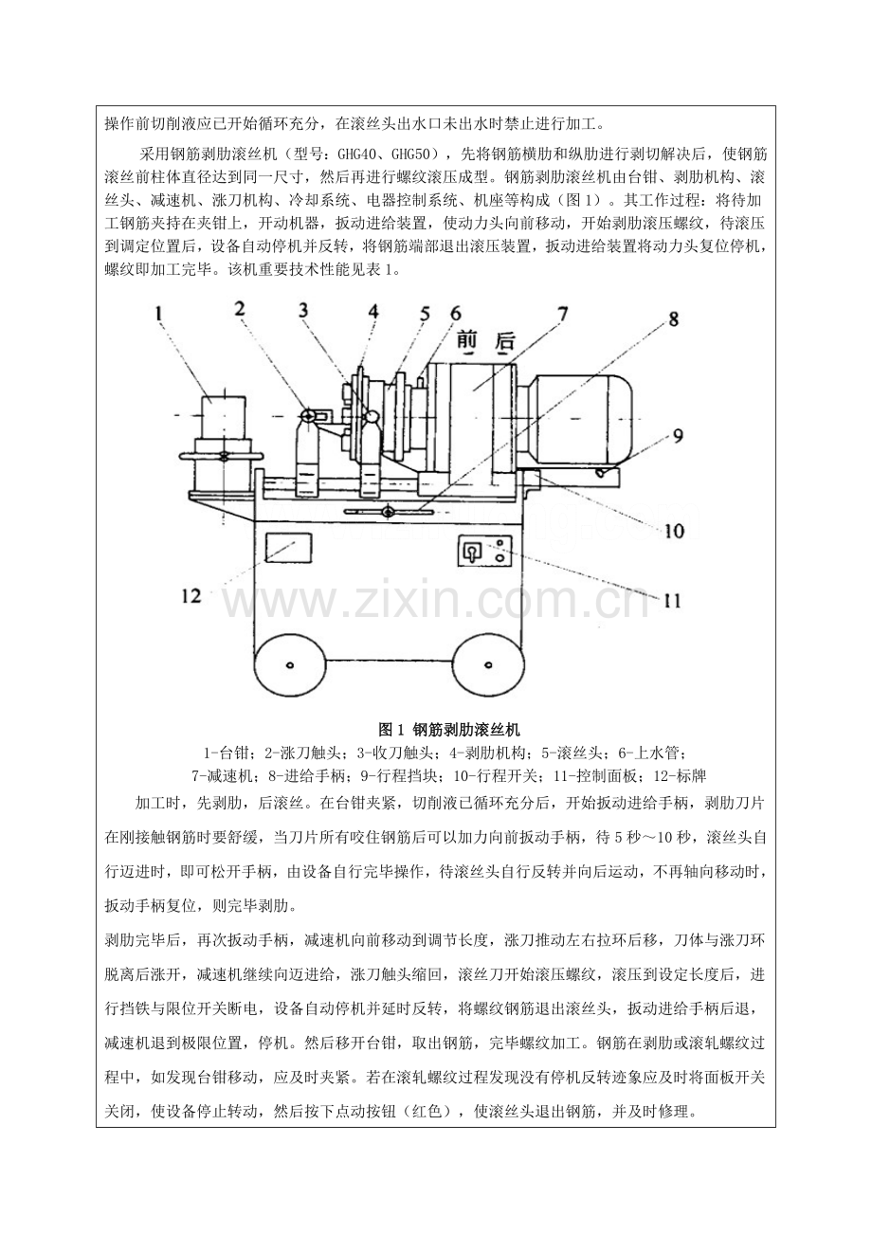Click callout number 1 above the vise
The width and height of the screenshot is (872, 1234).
[158, 315]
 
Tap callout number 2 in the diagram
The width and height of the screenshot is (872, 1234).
[240, 309]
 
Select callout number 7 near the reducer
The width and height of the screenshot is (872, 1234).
[562, 314]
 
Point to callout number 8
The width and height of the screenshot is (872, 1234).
[673, 319]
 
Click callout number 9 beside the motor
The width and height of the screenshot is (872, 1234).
[678, 436]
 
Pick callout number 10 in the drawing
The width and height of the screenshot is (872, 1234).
[674, 531]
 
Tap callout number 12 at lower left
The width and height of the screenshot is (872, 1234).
[191, 595]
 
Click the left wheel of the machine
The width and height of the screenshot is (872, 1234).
[289, 664]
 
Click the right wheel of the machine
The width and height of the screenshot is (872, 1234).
[487, 664]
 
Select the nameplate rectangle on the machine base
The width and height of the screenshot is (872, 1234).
[289, 548]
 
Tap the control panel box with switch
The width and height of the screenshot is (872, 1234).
[484, 551]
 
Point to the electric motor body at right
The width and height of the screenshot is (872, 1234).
[581, 419]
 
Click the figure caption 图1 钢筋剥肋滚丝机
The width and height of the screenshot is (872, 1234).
[449, 731]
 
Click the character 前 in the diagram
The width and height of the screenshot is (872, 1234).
[467, 341]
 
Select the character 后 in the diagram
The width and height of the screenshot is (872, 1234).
[503, 341]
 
